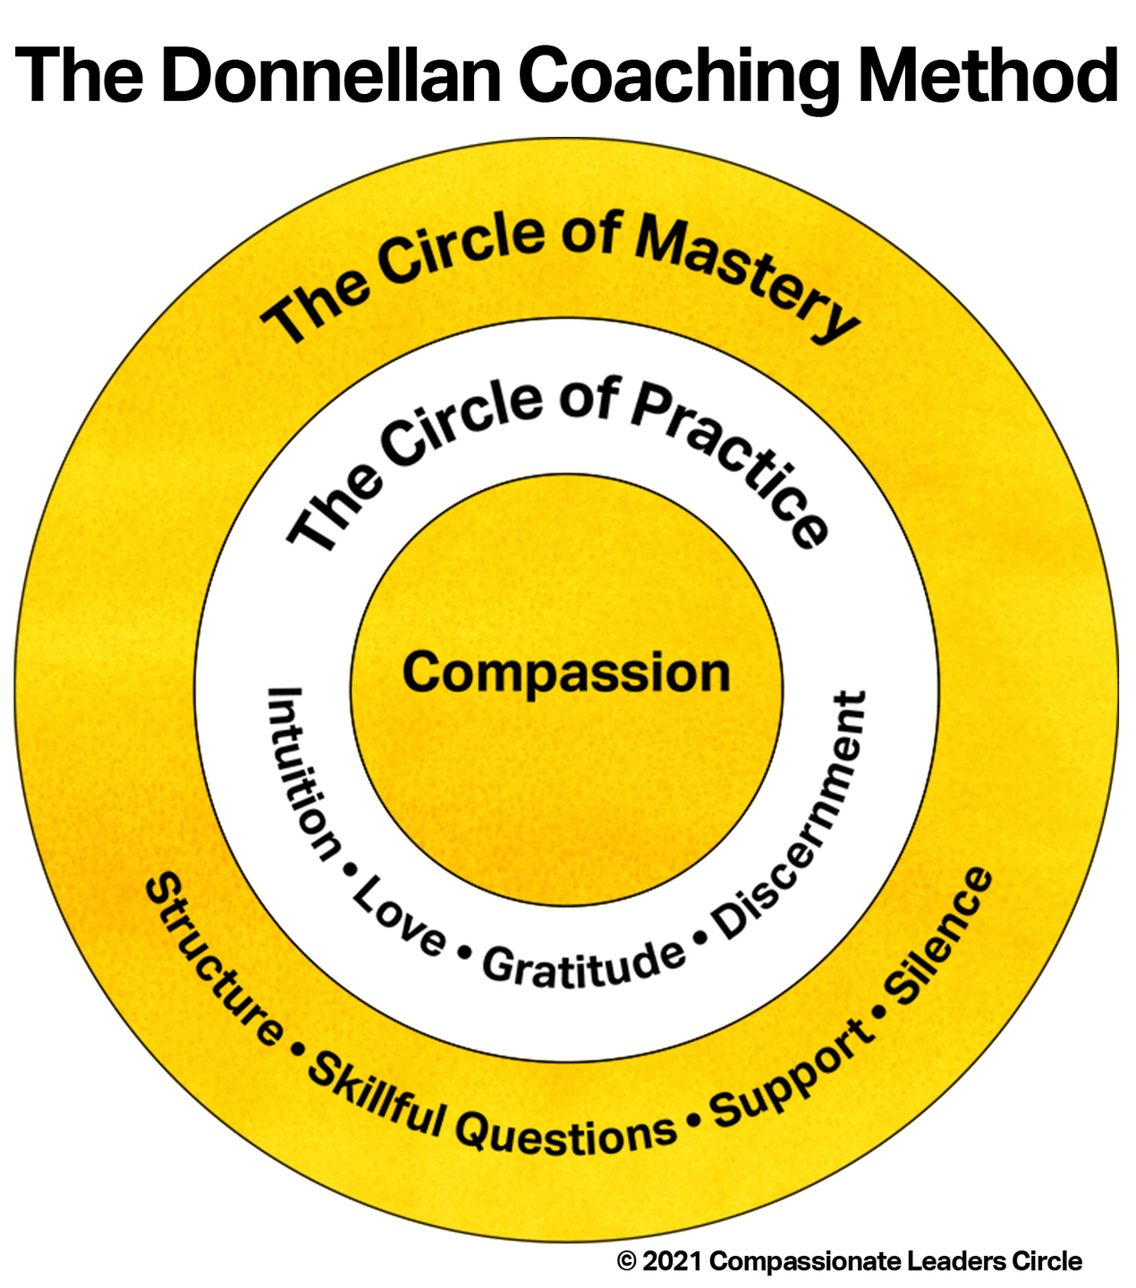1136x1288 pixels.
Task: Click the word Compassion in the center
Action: click(566, 673)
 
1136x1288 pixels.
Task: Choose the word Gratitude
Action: click(583, 964)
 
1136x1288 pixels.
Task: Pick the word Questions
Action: click(565, 1135)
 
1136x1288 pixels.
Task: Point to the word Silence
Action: click(939, 934)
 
